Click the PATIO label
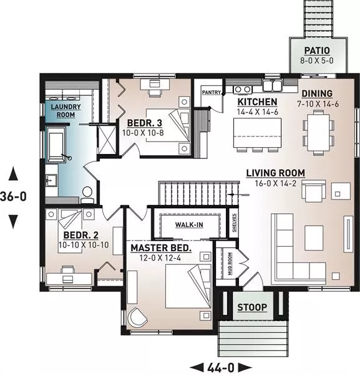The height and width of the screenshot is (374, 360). tap(317, 50)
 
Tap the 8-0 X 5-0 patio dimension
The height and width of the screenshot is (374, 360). tap(317, 60)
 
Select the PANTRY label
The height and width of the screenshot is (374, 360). tap(212, 92)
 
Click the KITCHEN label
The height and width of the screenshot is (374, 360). tap(257, 102)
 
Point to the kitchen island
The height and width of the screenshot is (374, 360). tap(257, 133)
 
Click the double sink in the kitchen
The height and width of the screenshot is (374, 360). tap(273, 85)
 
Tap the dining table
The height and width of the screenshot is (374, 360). tap(318, 132)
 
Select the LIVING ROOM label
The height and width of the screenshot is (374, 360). tap(276, 173)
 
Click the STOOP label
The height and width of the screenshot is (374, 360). tap(252, 307)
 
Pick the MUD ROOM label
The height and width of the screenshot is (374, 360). tap(230, 264)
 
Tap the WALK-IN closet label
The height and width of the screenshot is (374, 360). tap(189, 224)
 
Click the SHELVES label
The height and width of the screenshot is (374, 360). tap(234, 223)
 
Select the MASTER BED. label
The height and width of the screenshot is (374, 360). tap(161, 248)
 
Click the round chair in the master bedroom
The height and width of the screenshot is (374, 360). tap(137, 319)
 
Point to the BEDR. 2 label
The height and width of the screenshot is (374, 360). tap(80, 235)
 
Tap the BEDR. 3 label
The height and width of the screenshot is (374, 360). tap(144, 123)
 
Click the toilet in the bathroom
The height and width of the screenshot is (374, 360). tap(87, 194)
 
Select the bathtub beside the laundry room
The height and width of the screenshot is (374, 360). tap(56, 145)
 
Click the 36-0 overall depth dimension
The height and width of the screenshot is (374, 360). tap(13, 196)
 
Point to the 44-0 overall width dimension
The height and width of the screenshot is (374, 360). tap(221, 368)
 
